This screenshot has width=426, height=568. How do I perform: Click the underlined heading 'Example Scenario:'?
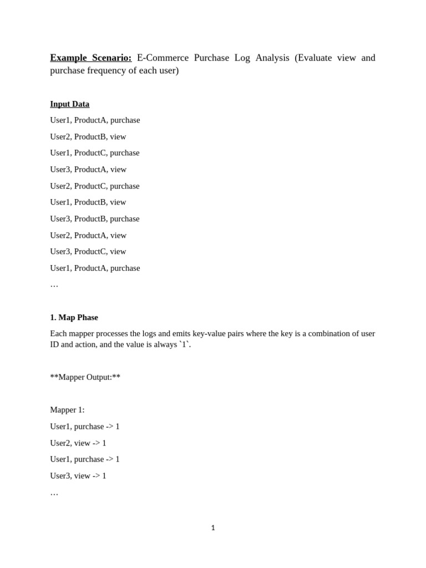pyautogui.click(x=90, y=58)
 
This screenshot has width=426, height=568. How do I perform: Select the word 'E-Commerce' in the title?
pyautogui.click(x=163, y=58)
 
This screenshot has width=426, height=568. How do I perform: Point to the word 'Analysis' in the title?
pyautogui.click(x=272, y=58)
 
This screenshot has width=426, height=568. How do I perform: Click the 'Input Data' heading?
pyautogui.click(x=69, y=104)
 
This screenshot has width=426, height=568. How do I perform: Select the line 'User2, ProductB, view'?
pyautogui.click(x=88, y=136)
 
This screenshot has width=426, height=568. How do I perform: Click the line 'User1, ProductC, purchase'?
pyautogui.click(x=94, y=153)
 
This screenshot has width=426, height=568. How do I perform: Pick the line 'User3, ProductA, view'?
pyautogui.click(x=88, y=169)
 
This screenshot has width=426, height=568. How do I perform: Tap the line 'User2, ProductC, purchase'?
pyautogui.click(x=94, y=186)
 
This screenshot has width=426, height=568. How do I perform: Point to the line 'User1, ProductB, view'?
pyautogui.click(x=88, y=202)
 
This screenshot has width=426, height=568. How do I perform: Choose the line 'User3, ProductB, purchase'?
pyautogui.click(x=94, y=219)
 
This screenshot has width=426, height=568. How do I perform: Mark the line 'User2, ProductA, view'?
pyautogui.click(x=88, y=235)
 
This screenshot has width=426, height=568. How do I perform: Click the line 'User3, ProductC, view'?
pyautogui.click(x=88, y=251)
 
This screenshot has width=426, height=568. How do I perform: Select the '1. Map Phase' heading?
pyautogui.click(x=74, y=317)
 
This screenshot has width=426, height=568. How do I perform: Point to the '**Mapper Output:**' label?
pyautogui.click(x=85, y=377)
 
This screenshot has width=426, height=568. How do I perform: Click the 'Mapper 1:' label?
pyautogui.click(x=67, y=410)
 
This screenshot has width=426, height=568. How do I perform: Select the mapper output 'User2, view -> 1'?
pyautogui.click(x=78, y=443)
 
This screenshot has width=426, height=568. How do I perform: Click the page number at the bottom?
pyautogui.click(x=213, y=528)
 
